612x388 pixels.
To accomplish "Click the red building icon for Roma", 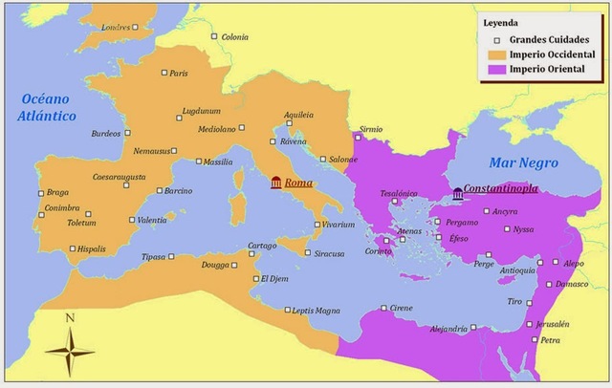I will click(276, 183).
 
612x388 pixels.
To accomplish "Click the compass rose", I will click(70, 352).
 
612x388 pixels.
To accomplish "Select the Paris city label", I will click(179, 74).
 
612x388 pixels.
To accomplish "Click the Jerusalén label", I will click(554, 324).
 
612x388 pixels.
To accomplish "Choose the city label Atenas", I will click(409, 230).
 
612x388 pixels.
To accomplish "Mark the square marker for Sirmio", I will click(358, 138).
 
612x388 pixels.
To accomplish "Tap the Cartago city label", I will click(262, 246).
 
